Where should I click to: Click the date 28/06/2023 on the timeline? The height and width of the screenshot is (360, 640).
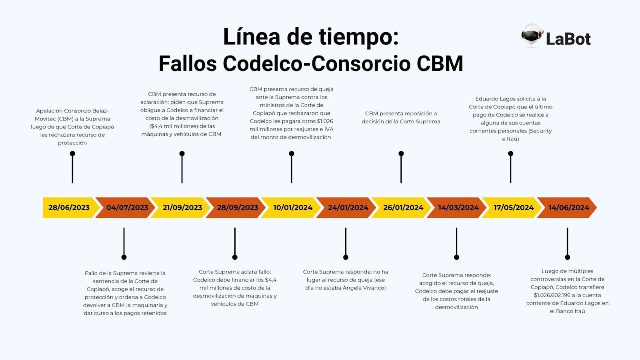[x=69, y=208]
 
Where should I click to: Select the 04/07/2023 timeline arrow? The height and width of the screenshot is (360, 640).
[x=127, y=208]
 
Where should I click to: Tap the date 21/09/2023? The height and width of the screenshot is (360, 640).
[x=182, y=208]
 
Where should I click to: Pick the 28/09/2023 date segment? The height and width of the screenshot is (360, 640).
[x=238, y=208]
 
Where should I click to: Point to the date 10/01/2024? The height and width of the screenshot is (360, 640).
[x=293, y=208]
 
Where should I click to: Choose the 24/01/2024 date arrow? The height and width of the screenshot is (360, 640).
[x=348, y=208]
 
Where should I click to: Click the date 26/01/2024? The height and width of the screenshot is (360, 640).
[x=403, y=208]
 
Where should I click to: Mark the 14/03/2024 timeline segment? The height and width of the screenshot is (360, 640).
[x=458, y=208]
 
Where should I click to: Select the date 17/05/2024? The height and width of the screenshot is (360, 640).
[x=514, y=208]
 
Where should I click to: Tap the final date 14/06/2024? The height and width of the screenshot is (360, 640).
[x=569, y=208]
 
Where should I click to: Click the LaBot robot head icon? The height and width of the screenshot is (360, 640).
[x=532, y=36]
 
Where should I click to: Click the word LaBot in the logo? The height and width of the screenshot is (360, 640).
[x=568, y=39]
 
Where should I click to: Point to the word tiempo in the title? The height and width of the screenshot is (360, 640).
[x=358, y=37]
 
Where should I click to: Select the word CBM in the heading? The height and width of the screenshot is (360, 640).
[x=440, y=64]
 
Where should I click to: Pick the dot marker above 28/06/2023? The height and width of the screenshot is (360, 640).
[x=72, y=154]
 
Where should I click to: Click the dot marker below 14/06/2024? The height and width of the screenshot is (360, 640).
[x=568, y=257]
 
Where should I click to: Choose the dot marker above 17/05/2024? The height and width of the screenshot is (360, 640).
[x=510, y=154]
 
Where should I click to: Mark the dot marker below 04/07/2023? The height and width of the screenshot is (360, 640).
[x=124, y=257]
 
